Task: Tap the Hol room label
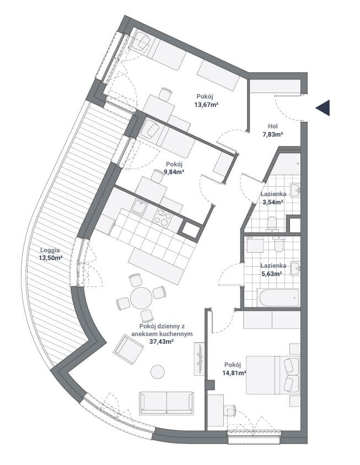pos(273,126)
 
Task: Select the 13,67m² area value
pos(207,104)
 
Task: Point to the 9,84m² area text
pos(174,171)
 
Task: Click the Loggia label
pos(50,250)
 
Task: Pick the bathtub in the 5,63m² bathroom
pos(279,298)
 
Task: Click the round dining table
pos(141,298)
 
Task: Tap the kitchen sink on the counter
pos(139,207)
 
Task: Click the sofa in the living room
pos(166,402)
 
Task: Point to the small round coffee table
pos(157,371)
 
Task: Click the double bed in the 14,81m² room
pos(272,375)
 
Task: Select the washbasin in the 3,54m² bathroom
pos(295,191)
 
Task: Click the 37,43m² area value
pos(162,342)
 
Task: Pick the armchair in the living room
pos(127,349)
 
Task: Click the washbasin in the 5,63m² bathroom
pos(295,269)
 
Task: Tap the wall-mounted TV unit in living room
pos(199,359)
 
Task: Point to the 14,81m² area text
pos(234,373)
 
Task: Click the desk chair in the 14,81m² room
pos(229,410)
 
